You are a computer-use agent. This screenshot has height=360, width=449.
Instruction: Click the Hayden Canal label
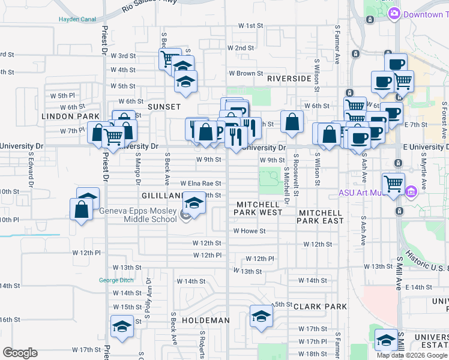tap(77, 19)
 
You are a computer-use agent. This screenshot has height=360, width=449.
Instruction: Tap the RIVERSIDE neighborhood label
tap(289, 79)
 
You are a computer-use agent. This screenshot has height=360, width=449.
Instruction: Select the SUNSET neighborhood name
tap(164, 106)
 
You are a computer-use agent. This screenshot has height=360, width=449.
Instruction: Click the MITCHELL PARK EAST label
tap(321, 217)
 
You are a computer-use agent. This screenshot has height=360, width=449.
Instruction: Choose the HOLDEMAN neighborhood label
tap(206, 320)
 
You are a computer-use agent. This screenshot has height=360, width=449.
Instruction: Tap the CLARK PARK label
tap(320, 307)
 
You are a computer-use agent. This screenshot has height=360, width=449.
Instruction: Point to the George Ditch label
tap(116, 280)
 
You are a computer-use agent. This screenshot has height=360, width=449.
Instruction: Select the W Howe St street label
tap(249, 230)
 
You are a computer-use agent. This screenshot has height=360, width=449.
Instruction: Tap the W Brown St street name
tap(242, 73)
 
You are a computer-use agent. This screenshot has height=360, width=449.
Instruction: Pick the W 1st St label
tap(251, 26)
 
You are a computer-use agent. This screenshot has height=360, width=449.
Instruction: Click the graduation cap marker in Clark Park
tap(261, 316)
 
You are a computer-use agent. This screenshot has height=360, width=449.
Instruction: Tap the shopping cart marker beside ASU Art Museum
tap(393, 183)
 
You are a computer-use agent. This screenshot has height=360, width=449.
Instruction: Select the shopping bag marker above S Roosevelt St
tap(292, 121)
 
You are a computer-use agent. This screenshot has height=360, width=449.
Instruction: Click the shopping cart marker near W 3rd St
tap(169, 59)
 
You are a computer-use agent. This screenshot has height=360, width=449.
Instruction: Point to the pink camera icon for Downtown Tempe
tap(394, 14)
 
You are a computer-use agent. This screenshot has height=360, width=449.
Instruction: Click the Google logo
tap(20, 353)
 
